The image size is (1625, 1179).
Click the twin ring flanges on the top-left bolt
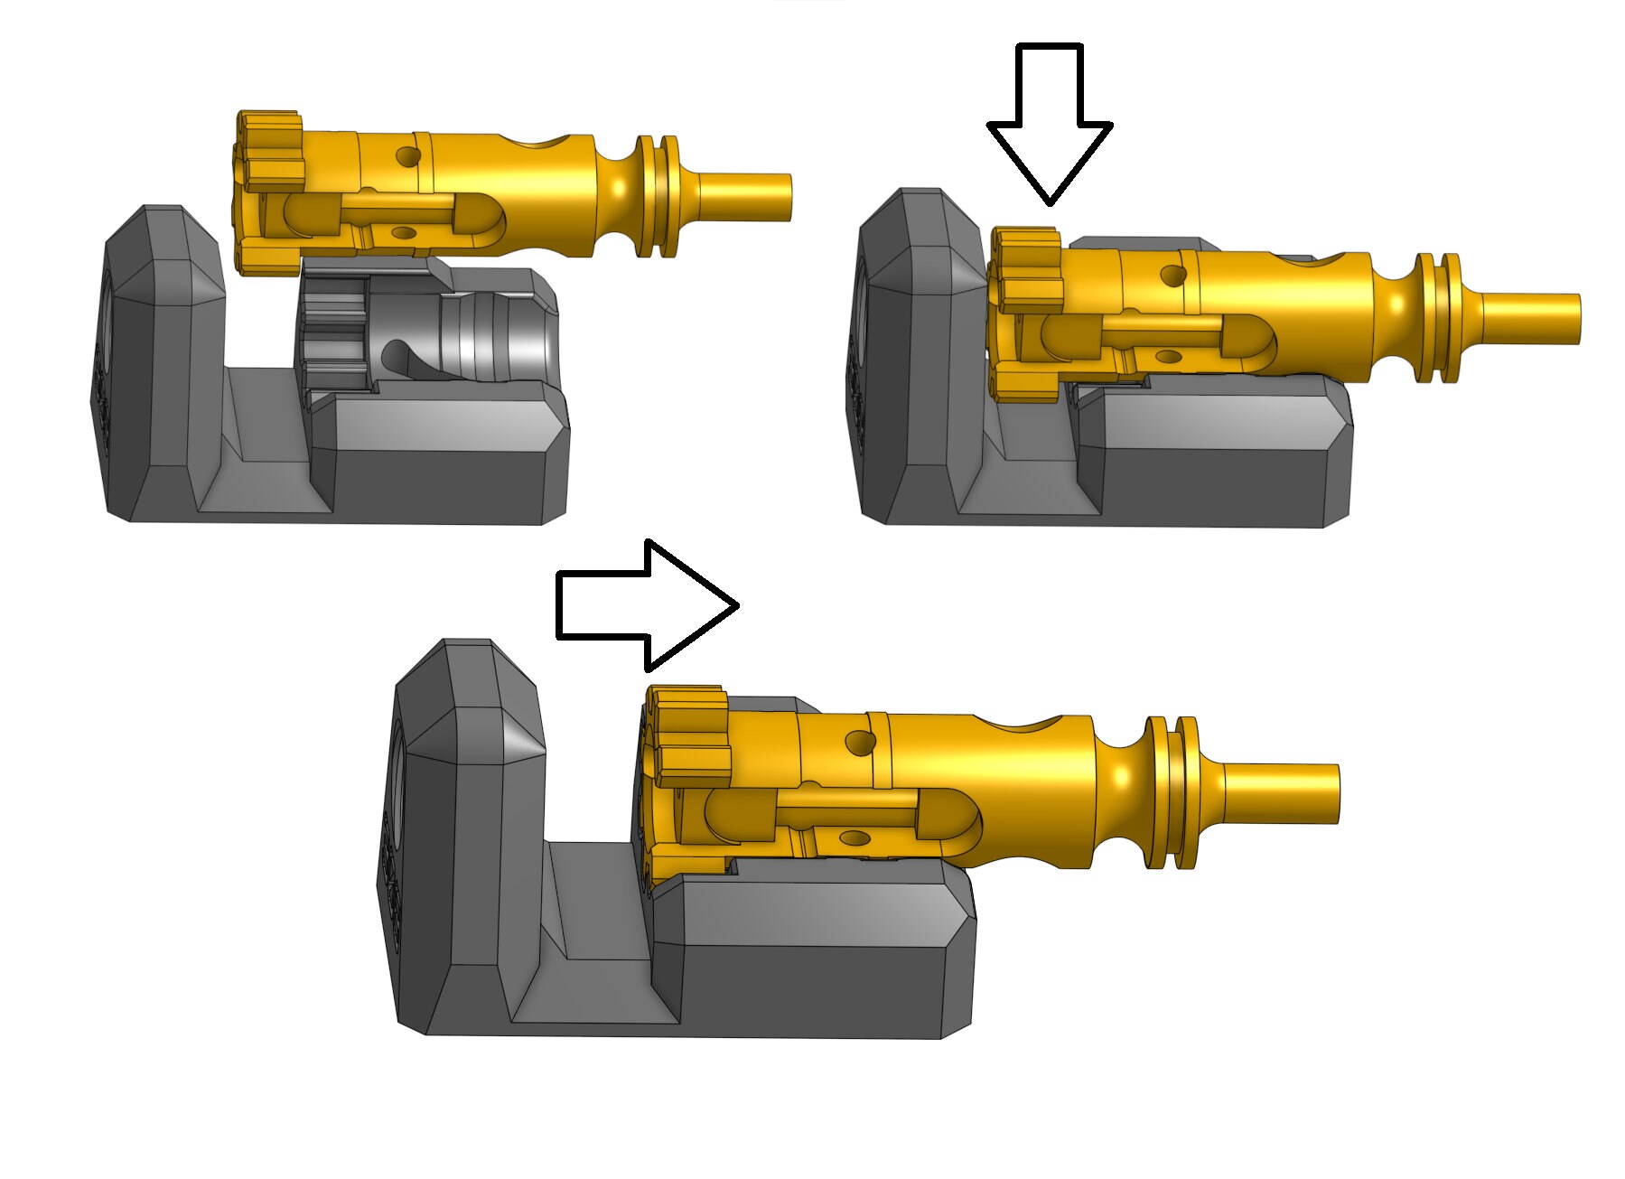[x=658, y=195]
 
